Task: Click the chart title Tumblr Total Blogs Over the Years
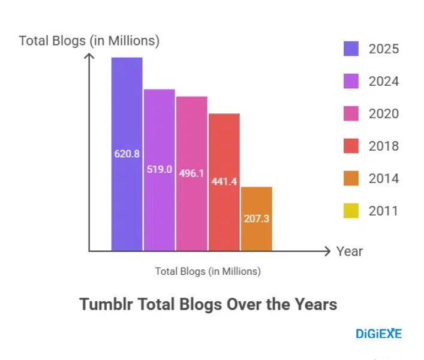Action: tap(208, 304)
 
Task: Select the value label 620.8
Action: tap(127, 154)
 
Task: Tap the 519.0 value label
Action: tap(160, 169)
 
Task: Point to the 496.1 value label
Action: tap(192, 173)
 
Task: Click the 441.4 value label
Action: tap(224, 181)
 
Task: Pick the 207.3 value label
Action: tap(257, 218)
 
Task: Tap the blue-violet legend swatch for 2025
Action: tap(351, 49)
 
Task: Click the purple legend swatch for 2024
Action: tap(351, 81)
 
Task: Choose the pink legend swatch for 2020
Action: tap(351, 113)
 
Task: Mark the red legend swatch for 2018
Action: tap(351, 146)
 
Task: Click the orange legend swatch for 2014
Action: tap(351, 178)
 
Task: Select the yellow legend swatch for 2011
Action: tap(351, 211)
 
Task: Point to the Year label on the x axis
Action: tap(349, 251)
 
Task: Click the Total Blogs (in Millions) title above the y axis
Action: tap(89, 41)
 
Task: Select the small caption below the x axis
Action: tap(208, 271)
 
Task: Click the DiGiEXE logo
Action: tap(378, 334)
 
